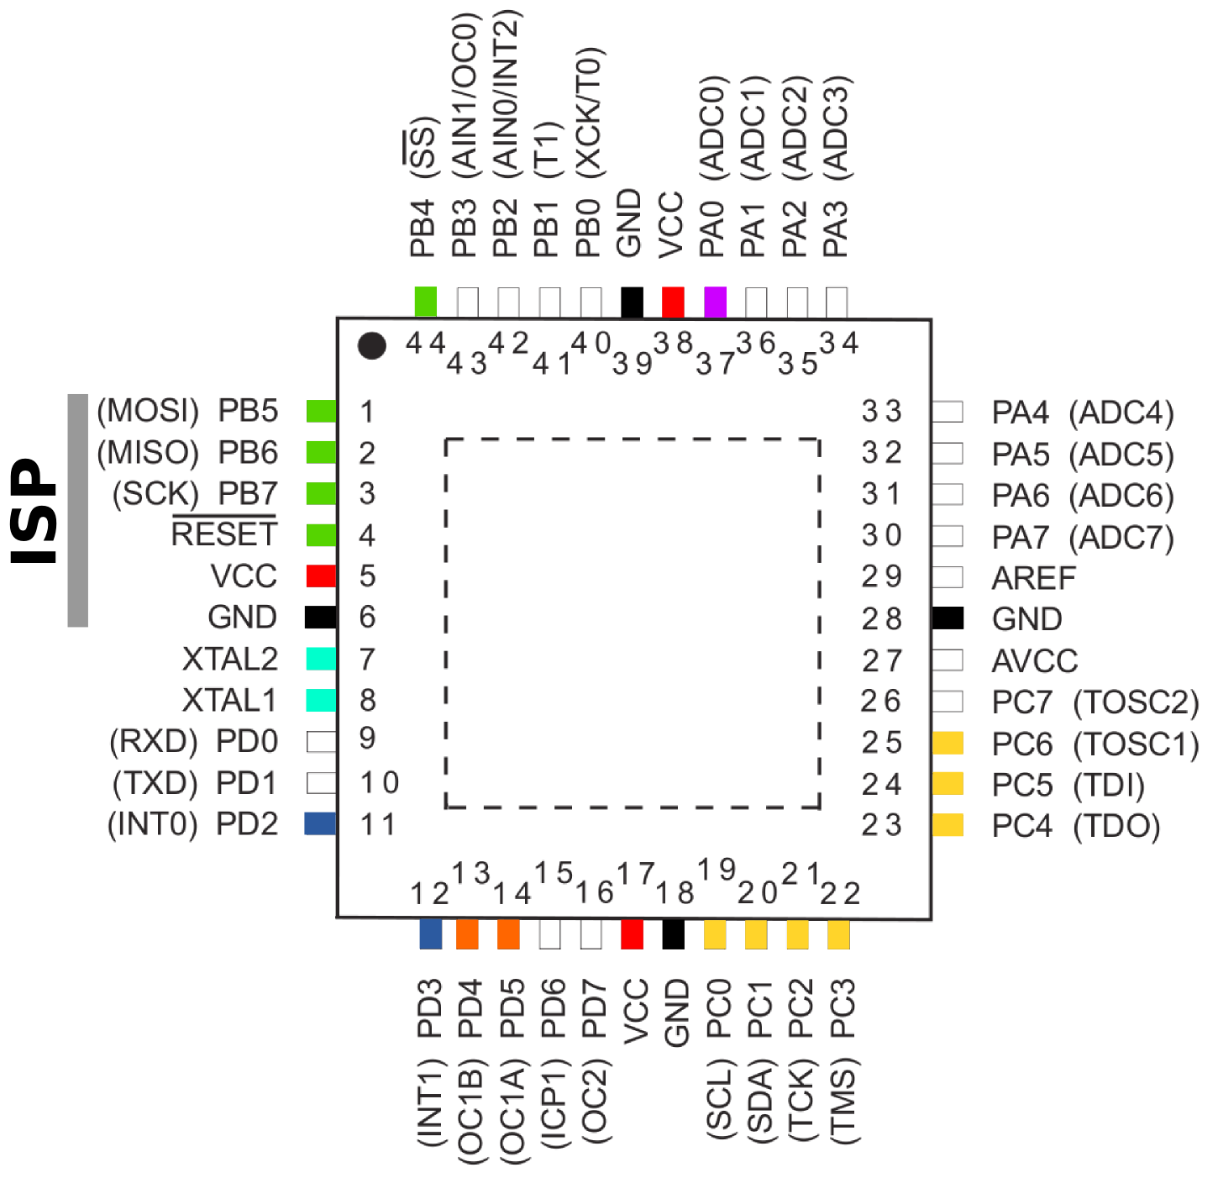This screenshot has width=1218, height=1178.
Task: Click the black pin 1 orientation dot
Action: coord(371,345)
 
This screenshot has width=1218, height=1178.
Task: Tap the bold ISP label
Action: coord(34,511)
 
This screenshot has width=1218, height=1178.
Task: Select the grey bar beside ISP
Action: coord(78,510)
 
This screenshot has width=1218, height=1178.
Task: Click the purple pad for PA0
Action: coord(715,302)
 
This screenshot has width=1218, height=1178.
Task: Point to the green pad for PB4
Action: coord(426,302)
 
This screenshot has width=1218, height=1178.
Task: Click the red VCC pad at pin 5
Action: coord(321,576)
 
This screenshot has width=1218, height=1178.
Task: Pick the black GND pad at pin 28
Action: coord(948,618)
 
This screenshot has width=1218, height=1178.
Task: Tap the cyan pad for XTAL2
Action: coord(321,659)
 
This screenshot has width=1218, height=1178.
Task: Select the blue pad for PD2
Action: coord(320,823)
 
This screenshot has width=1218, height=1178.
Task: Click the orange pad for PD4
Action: coord(467,934)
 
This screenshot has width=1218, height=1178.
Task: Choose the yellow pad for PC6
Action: coord(948,743)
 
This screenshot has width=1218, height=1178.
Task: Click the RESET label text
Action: coord(224,534)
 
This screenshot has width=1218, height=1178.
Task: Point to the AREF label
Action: coord(1033,578)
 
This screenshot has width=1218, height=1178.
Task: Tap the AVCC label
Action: coord(1034,661)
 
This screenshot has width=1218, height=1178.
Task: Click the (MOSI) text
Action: coord(148,411)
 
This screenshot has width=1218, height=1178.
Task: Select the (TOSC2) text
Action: coord(1136,702)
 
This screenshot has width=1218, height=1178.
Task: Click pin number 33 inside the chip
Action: coord(881,412)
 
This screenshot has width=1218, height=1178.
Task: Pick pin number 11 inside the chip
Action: coord(378,824)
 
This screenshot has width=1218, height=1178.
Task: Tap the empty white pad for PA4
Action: coord(948,412)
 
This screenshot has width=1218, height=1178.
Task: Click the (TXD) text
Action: coord(155,783)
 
